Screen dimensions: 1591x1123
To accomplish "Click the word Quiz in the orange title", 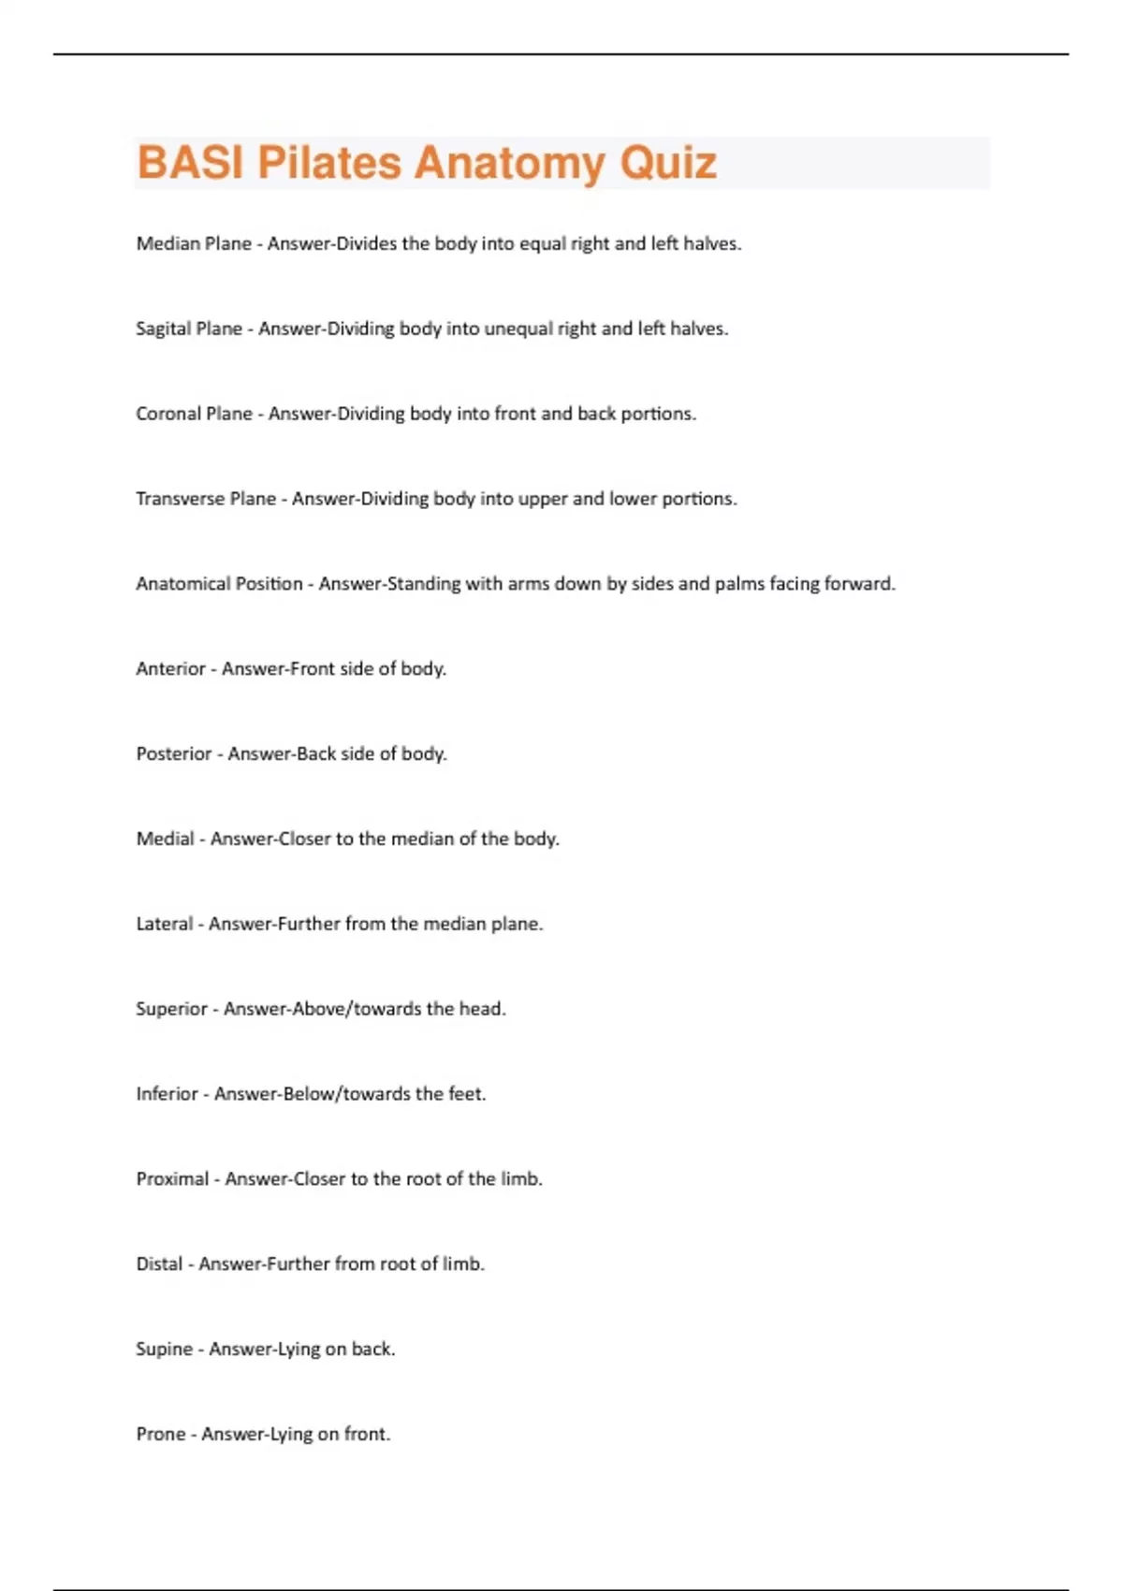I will (668, 163).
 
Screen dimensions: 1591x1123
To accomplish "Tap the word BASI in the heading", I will (190, 163).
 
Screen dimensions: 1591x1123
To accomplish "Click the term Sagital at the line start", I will (163, 328).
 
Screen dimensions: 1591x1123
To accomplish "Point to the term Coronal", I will (167, 414).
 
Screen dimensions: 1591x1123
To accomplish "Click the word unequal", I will (517, 328).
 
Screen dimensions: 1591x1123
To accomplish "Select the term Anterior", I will (170, 669).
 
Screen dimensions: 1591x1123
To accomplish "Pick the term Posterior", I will (173, 754).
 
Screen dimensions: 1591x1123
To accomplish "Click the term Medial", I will (165, 839).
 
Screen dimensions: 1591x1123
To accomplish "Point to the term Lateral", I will (164, 925).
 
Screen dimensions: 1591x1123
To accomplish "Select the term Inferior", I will (167, 1094).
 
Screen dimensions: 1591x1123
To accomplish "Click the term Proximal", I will (172, 1179).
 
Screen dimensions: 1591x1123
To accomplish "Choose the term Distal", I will (159, 1264).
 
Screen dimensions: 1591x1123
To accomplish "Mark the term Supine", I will (164, 1350).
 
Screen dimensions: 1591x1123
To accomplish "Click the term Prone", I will (160, 1435).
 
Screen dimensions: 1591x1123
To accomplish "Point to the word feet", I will (467, 1094).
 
